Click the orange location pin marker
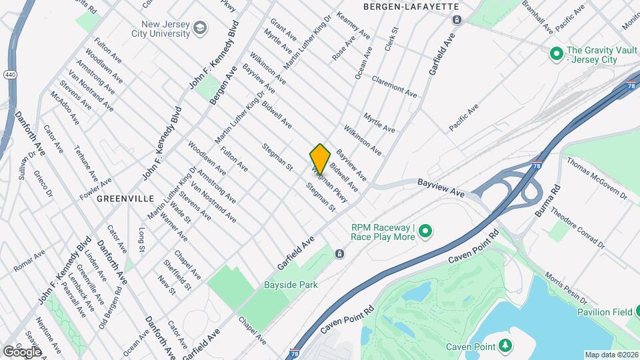click(320, 159)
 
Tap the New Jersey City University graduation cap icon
click(200, 29)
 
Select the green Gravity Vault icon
click(555, 53)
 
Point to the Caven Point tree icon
click(506, 345)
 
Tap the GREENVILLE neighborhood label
click(125, 199)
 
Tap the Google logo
click(22, 351)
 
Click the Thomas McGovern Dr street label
click(597, 178)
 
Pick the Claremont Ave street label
click(394, 87)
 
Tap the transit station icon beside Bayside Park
click(340, 254)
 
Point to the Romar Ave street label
click(30, 261)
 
